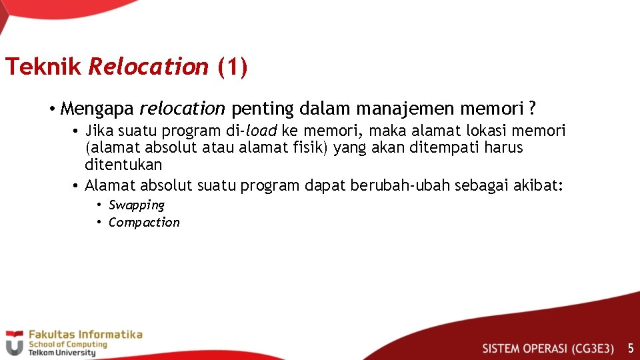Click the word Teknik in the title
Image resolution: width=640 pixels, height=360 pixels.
coord(43,67)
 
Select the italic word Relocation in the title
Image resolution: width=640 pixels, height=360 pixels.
coord(148,67)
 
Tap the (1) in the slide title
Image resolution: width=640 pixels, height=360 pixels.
coord(232,67)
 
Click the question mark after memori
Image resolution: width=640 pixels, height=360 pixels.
coord(532,108)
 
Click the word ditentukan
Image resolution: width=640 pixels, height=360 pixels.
coord(123,164)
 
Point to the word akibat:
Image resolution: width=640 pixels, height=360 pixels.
coord(539,185)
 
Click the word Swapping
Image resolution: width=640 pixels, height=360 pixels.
coord(137,205)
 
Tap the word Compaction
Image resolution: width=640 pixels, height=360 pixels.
coord(144,223)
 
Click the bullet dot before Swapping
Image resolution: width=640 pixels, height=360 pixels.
coord(99,205)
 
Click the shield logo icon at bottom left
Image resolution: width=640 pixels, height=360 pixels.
coord(14,343)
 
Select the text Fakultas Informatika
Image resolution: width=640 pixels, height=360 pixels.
coord(85,335)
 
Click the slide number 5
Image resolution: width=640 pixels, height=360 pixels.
coord(630,348)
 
